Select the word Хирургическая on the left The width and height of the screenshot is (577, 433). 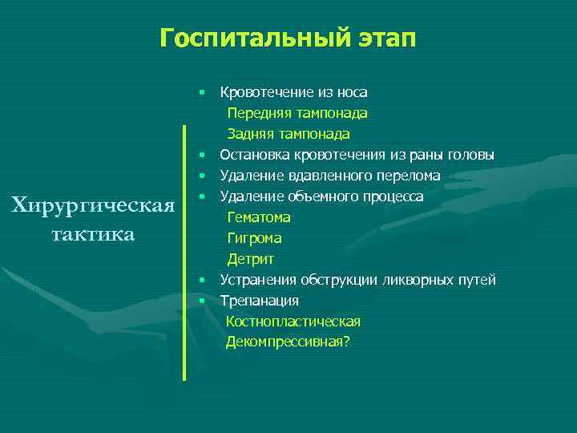[94, 206]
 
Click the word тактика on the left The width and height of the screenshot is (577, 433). [93, 234]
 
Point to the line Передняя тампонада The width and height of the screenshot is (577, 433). [297, 113]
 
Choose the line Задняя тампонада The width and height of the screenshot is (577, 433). [288, 134]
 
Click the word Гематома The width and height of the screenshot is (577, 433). [259, 217]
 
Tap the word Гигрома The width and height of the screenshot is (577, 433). [254, 238]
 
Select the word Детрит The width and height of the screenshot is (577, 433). [250, 259]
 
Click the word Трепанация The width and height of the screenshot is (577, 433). [260, 301]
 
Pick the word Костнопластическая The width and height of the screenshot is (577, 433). [293, 322]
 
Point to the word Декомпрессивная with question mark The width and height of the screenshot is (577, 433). [288, 342]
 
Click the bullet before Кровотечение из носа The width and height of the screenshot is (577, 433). [204, 92]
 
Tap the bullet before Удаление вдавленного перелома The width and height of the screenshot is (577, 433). [204, 176]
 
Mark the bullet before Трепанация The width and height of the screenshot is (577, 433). [204, 301]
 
